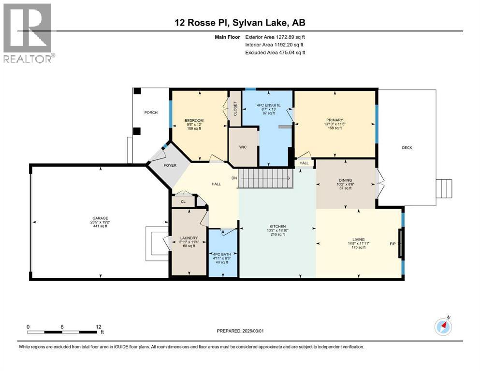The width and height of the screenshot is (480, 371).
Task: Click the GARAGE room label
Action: point(101,218)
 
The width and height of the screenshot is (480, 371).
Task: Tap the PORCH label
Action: point(151,113)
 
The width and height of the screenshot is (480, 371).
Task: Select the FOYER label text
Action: point(170,165)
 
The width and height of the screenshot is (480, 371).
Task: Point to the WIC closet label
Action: point(243,147)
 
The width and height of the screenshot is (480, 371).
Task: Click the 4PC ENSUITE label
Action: point(268,105)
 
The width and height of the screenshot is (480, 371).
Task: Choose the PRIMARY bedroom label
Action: point(335,120)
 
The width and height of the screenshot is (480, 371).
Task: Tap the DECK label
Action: point(407,148)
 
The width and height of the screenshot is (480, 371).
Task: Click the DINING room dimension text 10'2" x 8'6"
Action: point(346,184)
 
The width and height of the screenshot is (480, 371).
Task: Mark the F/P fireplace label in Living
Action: point(393,244)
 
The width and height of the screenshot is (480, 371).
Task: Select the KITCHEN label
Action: point(277,227)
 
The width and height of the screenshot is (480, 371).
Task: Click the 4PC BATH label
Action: point(222,254)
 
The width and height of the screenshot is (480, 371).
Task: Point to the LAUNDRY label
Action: point(189,238)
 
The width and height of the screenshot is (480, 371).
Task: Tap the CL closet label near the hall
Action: point(183,202)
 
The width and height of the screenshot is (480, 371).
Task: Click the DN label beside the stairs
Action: point(234,178)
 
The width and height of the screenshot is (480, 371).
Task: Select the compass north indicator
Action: point(443,326)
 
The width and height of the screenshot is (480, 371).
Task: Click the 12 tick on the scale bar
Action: point(98,327)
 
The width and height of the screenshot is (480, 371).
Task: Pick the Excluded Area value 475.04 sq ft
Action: point(292,52)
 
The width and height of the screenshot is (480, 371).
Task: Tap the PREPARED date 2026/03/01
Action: point(252,331)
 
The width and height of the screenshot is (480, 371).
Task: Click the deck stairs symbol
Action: point(444,189)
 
